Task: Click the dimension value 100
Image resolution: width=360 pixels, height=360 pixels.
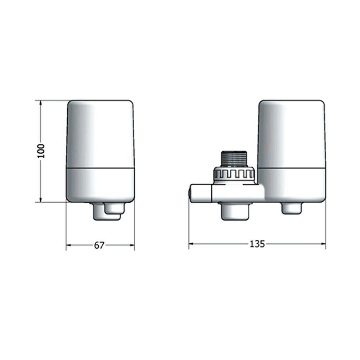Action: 41,151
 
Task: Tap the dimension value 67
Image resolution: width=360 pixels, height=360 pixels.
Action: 99,246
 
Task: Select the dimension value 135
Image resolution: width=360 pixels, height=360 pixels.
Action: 257,244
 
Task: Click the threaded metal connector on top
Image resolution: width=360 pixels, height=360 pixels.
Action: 234,159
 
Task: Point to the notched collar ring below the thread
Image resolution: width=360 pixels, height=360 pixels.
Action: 234,175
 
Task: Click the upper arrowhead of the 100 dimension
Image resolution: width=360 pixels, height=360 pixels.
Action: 41,103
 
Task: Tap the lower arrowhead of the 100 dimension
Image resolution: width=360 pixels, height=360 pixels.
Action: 41,199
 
